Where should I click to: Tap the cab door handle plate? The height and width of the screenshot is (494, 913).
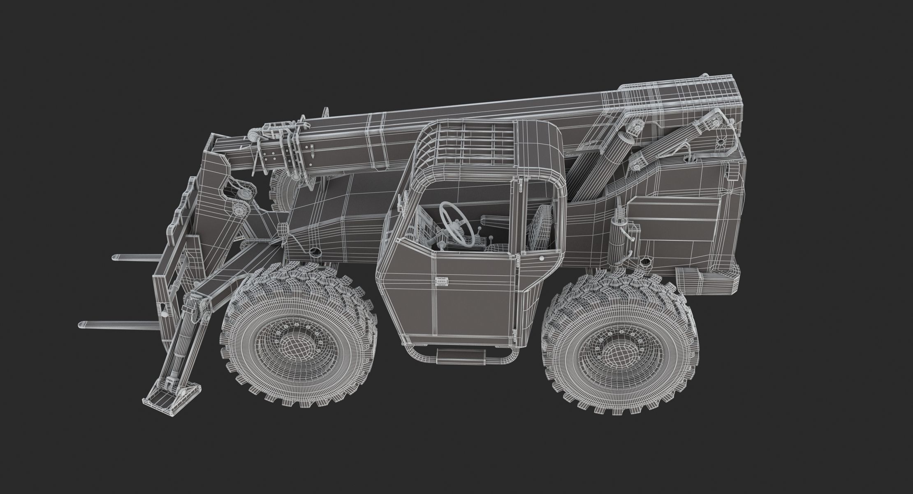(441, 282)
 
